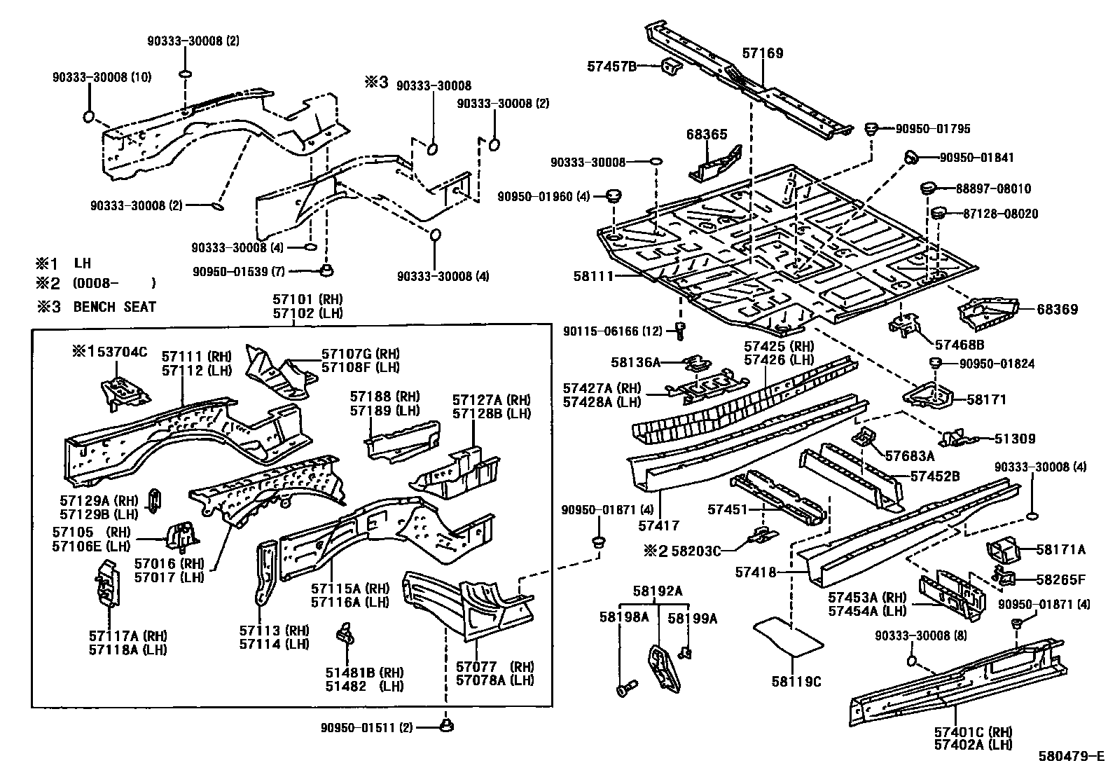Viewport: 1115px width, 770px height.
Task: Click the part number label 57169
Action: [x=763, y=53]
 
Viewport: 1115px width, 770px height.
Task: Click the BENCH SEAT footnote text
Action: [x=114, y=306]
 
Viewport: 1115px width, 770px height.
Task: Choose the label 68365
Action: [x=707, y=135]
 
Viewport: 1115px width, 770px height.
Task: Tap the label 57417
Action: [x=658, y=525]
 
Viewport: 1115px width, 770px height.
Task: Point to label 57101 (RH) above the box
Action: [x=307, y=299]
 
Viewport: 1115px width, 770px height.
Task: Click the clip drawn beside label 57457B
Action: [x=671, y=69]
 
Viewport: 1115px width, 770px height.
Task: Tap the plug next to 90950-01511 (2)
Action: [x=445, y=726]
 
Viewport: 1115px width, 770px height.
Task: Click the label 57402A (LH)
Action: [x=973, y=745]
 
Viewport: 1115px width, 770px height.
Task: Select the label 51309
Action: [x=1015, y=439]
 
